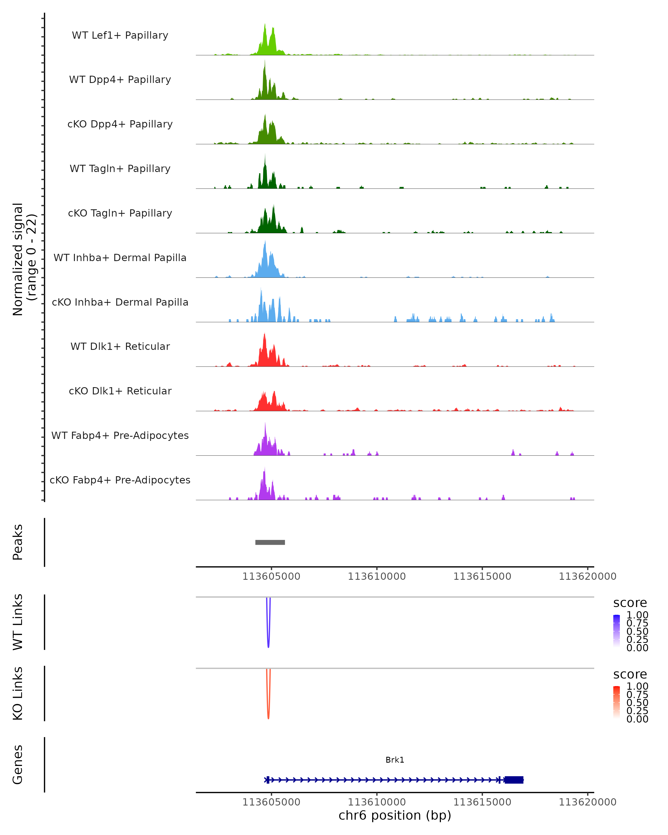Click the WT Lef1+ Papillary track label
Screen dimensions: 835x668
point(120,35)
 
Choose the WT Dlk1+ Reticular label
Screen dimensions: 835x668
point(120,346)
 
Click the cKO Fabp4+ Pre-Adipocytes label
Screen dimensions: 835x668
point(120,480)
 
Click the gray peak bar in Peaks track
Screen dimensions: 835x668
point(270,542)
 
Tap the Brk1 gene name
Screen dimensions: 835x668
point(395,760)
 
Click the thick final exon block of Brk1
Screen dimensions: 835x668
point(514,780)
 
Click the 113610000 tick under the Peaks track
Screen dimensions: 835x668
point(376,576)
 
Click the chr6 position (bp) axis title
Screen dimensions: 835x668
point(395,815)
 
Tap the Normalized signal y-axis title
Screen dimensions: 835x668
point(24,259)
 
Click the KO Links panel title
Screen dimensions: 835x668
point(18,693)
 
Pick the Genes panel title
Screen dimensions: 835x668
point(18,765)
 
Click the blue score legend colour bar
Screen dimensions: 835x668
point(617,631)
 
